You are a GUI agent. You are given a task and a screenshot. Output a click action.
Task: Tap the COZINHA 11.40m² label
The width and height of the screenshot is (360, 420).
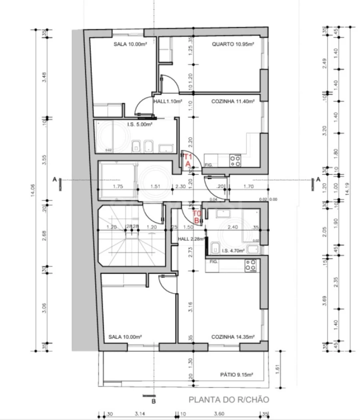pyautogui.click(x=233, y=102)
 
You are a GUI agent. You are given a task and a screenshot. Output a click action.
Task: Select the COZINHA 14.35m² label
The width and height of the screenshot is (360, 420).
pyautogui.click(x=233, y=337)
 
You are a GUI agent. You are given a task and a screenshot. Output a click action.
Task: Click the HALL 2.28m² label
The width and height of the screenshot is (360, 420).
pyautogui.click(x=190, y=239)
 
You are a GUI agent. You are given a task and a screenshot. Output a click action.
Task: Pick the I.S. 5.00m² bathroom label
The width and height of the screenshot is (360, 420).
pyautogui.click(x=140, y=124)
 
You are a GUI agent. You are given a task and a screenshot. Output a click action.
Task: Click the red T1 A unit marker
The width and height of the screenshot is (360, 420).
pyautogui.click(x=188, y=160)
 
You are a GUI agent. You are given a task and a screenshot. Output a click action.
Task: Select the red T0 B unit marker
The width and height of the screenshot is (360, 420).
pyautogui.click(x=196, y=217)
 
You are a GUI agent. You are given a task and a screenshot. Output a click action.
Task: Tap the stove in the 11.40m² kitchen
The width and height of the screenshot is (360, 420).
pyautogui.click(x=236, y=161)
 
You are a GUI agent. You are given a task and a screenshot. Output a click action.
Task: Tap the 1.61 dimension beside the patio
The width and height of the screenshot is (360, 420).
pyautogui.click(x=277, y=370)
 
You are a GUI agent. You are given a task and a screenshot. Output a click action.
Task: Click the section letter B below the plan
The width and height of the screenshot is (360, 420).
pyautogui.click(x=153, y=401)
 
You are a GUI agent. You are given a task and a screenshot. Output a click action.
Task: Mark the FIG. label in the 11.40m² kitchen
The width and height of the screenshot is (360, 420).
pyautogui.click(x=208, y=165)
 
